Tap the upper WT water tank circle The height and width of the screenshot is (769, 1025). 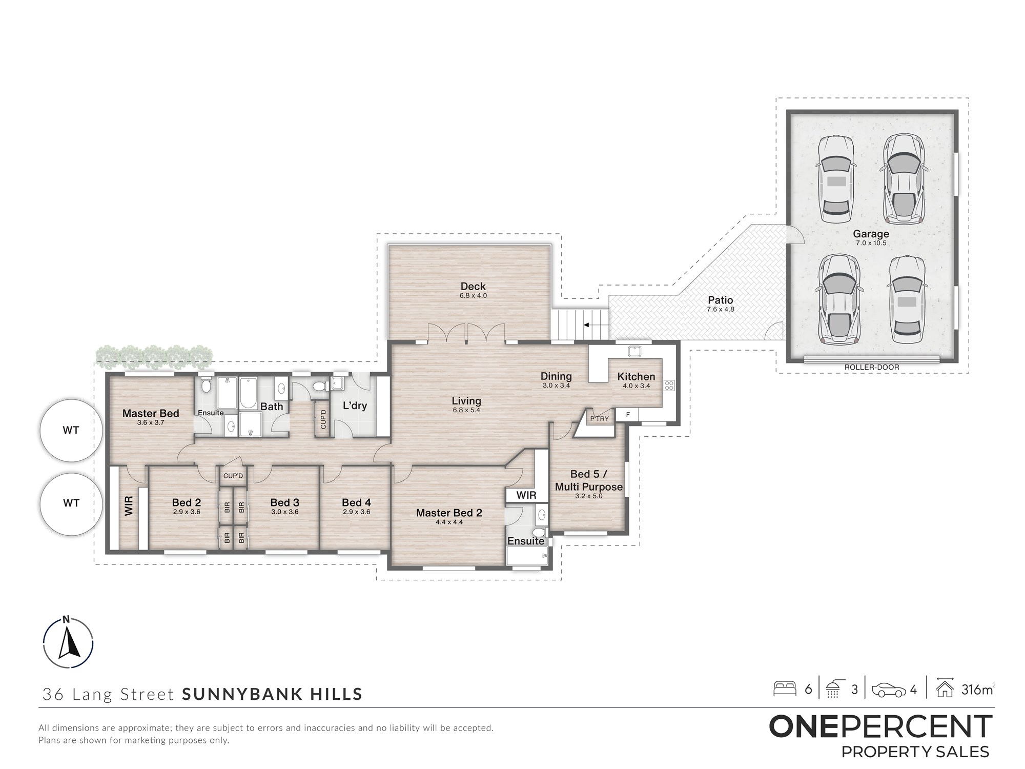click(71, 431)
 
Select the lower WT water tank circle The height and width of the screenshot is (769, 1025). click(71, 503)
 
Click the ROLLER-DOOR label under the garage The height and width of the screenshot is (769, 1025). click(872, 367)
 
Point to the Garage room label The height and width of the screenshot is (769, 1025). click(871, 234)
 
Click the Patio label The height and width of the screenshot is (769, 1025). click(721, 300)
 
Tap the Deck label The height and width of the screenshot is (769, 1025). click(473, 287)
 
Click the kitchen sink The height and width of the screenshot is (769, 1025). click(634, 351)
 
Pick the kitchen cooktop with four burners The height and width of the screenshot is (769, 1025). click(669, 386)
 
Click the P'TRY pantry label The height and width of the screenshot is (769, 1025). click(600, 419)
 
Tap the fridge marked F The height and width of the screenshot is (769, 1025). click(628, 415)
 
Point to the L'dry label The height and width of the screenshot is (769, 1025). click(355, 406)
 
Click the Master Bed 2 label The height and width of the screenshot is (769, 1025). click(449, 513)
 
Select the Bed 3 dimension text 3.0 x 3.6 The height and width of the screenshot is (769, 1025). click(285, 512)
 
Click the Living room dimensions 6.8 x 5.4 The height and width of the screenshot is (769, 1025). click(466, 410)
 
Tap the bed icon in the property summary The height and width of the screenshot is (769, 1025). click(785, 689)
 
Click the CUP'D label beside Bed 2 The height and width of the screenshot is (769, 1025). click(233, 476)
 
